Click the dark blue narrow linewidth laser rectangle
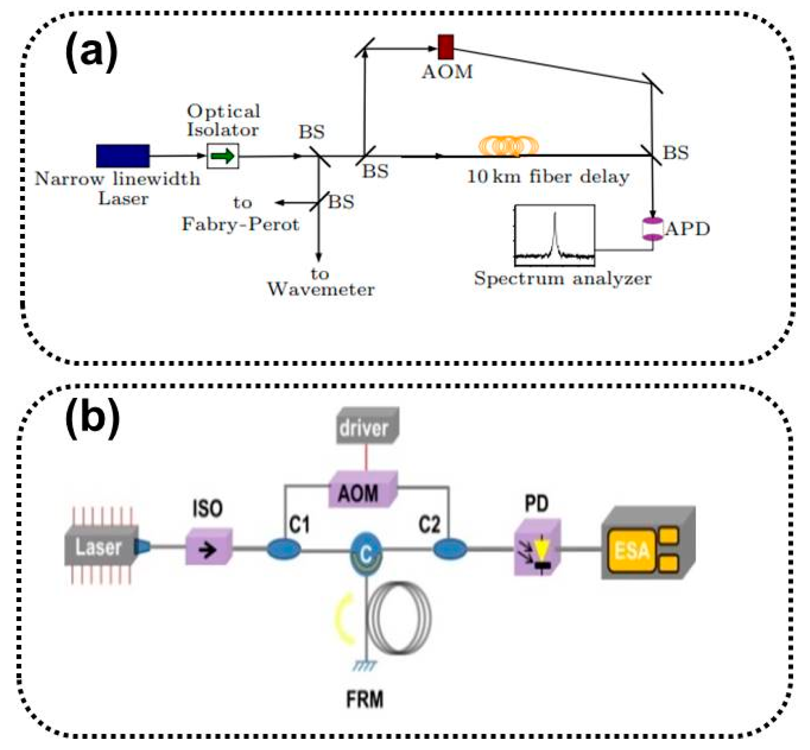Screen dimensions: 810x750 (x=123, y=156)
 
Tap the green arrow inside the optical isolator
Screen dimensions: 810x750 (x=223, y=156)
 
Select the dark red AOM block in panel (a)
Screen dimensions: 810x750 (x=446, y=47)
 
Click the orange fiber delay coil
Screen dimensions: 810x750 (x=508, y=146)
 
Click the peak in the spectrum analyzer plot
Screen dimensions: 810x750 (x=555, y=216)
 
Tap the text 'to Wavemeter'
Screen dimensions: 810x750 (x=321, y=281)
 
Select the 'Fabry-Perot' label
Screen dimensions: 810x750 (x=240, y=224)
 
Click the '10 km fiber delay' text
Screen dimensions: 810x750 (x=548, y=177)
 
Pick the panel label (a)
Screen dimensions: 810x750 (x=91, y=50)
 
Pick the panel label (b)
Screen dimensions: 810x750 (x=92, y=418)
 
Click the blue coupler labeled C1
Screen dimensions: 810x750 (x=284, y=550)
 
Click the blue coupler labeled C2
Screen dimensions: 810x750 (x=450, y=550)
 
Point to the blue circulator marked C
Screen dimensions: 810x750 (x=366, y=553)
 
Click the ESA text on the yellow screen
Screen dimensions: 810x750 (x=632, y=551)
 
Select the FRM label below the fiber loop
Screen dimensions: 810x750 (x=365, y=699)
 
